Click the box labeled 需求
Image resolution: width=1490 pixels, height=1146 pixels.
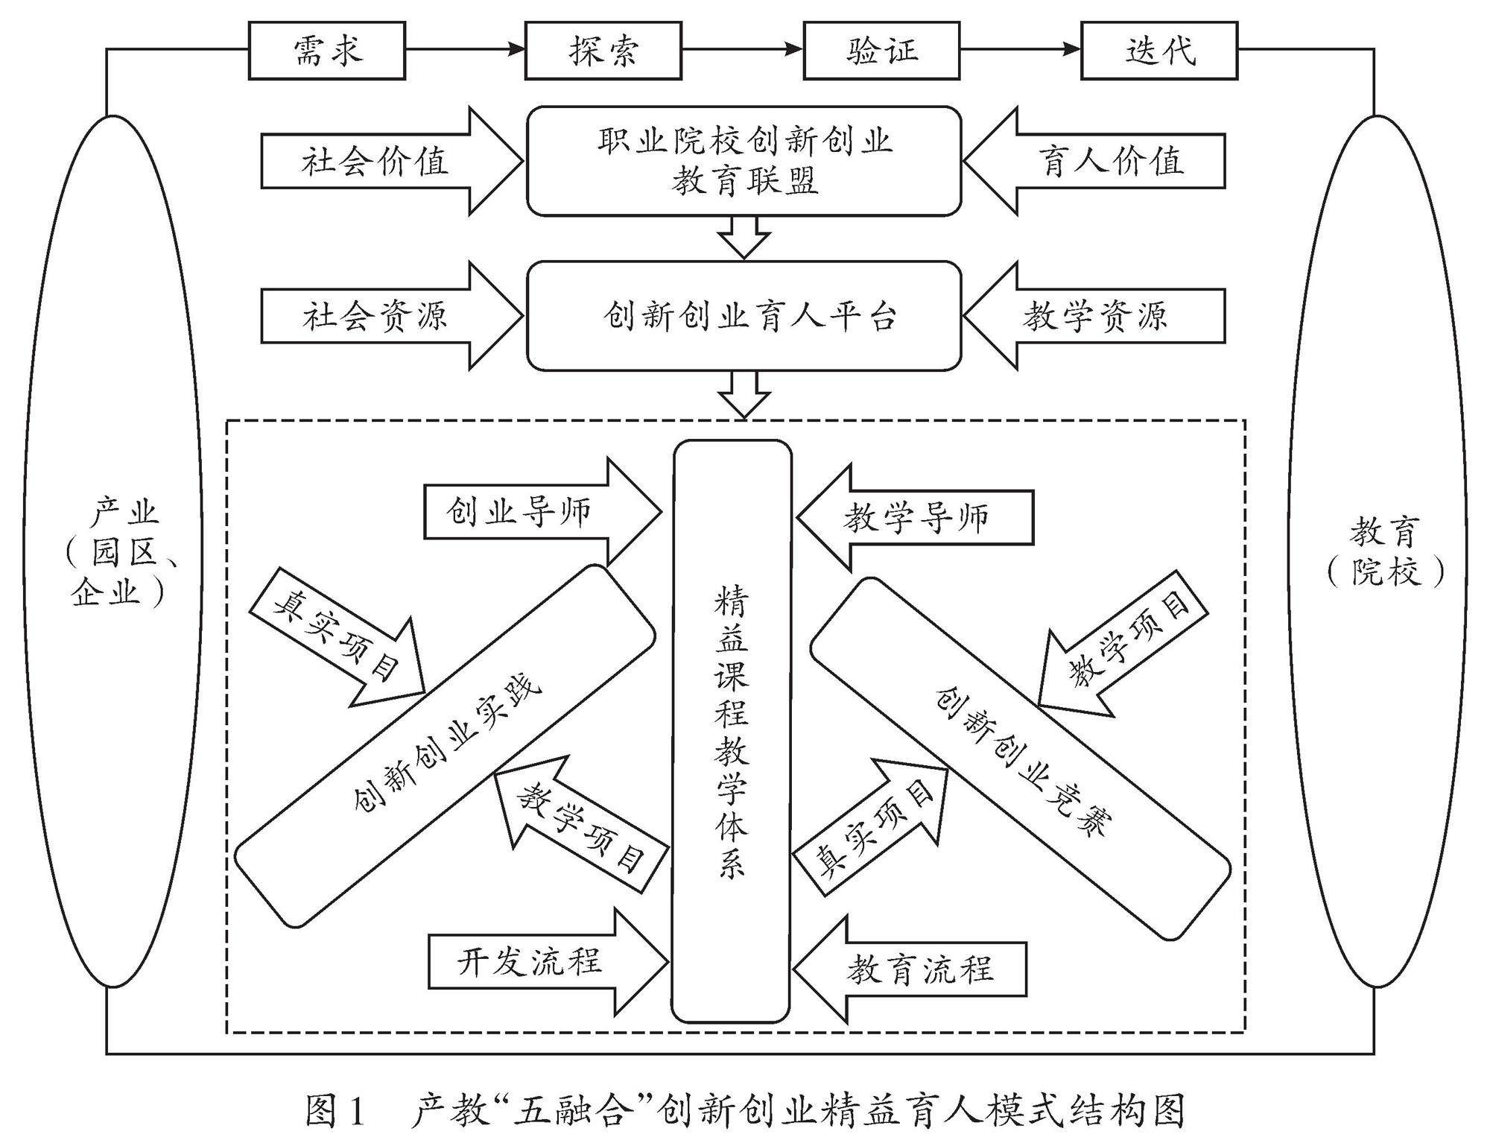coord(326,51)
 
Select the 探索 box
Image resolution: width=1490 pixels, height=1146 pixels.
coord(603,51)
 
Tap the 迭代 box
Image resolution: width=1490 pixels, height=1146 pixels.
coord(1158,51)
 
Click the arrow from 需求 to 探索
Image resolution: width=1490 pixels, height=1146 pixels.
coord(465,50)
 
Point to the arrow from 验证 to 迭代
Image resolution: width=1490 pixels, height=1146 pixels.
coord(1020,50)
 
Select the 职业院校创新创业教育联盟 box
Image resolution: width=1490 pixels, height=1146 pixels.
coord(744,161)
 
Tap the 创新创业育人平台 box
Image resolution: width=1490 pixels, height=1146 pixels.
coord(744,315)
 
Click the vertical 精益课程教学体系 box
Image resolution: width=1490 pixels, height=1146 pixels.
coord(731,730)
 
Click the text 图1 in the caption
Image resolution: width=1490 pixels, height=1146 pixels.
coord(335,1111)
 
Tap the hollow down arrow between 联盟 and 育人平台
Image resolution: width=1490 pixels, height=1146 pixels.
coord(744,237)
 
